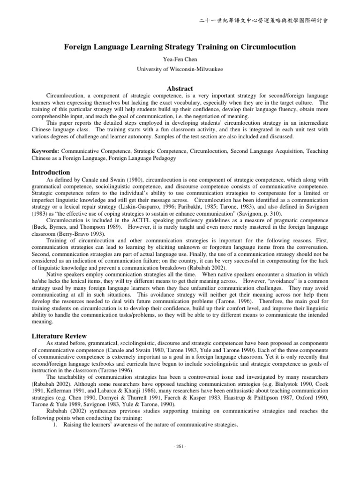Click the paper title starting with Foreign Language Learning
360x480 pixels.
(x=180, y=47)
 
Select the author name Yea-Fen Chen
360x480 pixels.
(x=180, y=60)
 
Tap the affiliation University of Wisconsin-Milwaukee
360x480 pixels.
(x=180, y=69)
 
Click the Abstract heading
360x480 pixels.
(x=180, y=88)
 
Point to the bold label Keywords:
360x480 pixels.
(x=45, y=151)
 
